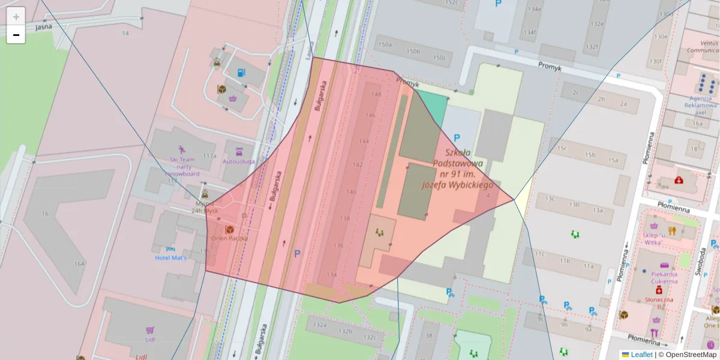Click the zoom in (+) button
[16, 16]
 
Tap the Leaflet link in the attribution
[641, 355]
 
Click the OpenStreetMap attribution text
[691, 355]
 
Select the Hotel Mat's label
[170, 257]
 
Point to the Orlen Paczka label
[228, 238]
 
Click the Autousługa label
[238, 161]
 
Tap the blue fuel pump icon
[241, 73]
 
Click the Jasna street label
[43, 27]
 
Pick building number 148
[376, 94]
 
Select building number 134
[332, 275]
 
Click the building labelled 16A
[79, 263]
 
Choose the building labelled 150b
[413, 52]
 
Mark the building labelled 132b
[345, 331]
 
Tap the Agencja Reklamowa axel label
[701, 105]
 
